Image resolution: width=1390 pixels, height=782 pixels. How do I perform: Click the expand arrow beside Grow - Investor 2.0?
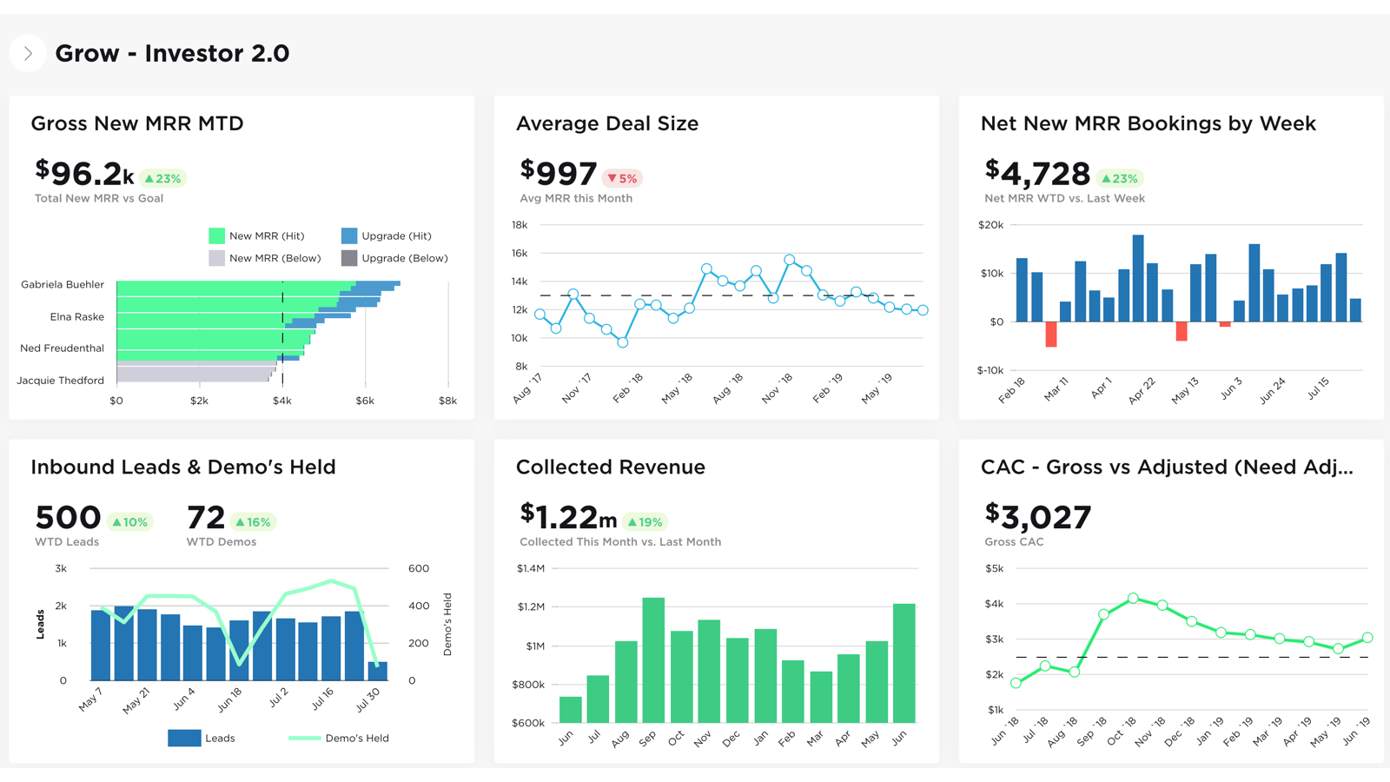(x=28, y=54)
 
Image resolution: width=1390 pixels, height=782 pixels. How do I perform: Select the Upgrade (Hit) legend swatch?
(x=349, y=235)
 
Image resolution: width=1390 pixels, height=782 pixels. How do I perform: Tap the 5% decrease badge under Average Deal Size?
(x=622, y=178)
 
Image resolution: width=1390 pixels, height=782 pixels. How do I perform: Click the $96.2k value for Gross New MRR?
(x=84, y=174)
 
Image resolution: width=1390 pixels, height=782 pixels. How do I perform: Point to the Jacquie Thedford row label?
(x=61, y=381)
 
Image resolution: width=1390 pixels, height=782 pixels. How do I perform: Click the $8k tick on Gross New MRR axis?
(x=447, y=401)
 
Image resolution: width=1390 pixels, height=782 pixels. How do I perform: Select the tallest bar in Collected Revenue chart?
(x=653, y=659)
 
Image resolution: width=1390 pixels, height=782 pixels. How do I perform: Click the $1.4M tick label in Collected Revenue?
(x=531, y=569)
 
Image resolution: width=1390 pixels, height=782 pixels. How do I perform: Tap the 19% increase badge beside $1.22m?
(x=645, y=522)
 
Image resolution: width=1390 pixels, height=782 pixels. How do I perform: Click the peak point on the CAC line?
(x=1133, y=598)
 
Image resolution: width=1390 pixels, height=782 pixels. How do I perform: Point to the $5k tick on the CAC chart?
(x=994, y=569)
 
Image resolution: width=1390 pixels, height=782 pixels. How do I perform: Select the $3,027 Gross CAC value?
(x=1037, y=518)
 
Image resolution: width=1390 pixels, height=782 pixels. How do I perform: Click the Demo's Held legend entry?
(x=339, y=739)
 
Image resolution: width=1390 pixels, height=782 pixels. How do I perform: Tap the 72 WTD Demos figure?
(x=206, y=518)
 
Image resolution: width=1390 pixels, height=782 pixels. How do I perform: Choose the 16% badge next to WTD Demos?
(x=254, y=522)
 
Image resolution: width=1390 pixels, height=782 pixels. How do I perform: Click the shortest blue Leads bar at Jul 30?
(x=378, y=672)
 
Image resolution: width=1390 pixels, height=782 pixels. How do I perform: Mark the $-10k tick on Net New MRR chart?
(x=990, y=370)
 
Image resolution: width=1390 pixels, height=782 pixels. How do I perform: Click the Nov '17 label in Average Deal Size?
(x=576, y=388)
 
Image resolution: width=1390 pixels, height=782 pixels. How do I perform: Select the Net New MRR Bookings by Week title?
(x=1148, y=123)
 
